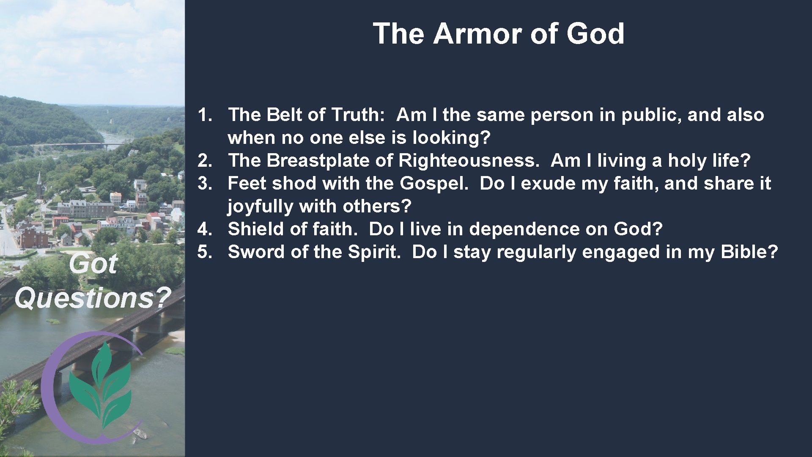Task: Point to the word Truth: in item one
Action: click(x=358, y=115)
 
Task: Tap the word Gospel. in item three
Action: click(x=434, y=184)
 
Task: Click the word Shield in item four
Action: click(x=256, y=229)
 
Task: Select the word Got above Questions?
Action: click(x=93, y=264)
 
